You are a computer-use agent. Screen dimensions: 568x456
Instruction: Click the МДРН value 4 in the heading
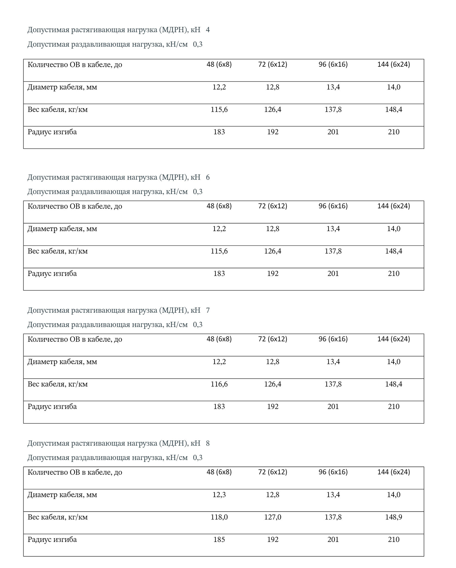click(208, 30)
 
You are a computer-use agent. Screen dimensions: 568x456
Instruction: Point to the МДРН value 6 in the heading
click(208, 177)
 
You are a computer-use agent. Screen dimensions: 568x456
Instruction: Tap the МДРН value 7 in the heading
click(208, 310)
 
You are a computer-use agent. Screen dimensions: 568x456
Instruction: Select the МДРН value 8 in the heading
click(208, 443)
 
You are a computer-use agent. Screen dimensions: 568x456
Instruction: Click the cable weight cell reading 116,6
click(219, 384)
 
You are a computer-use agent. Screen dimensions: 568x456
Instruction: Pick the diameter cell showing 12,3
click(219, 495)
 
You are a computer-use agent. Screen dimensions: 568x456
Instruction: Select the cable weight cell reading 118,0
click(219, 517)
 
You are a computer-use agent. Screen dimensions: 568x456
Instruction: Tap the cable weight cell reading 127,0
click(273, 517)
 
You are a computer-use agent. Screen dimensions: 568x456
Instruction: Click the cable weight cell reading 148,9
click(394, 517)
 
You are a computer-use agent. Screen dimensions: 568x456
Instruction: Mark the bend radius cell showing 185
click(219, 539)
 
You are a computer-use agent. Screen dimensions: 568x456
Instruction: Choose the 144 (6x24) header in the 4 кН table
click(394, 65)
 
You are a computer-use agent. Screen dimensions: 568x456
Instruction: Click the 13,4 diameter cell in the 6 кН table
click(333, 229)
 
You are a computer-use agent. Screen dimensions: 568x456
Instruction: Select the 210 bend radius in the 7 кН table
click(394, 406)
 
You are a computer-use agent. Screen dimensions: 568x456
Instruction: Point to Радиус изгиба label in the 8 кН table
click(52, 539)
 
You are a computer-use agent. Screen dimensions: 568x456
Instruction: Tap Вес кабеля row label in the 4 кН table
click(58, 110)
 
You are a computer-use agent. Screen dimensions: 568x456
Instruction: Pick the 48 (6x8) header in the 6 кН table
click(219, 206)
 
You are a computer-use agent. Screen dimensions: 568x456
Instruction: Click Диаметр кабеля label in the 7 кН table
click(62, 362)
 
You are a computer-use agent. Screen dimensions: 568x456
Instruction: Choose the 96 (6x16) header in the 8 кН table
click(333, 472)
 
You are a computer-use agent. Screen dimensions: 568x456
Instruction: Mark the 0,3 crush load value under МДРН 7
click(198, 325)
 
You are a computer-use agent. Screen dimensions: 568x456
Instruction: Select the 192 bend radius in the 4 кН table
click(273, 132)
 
